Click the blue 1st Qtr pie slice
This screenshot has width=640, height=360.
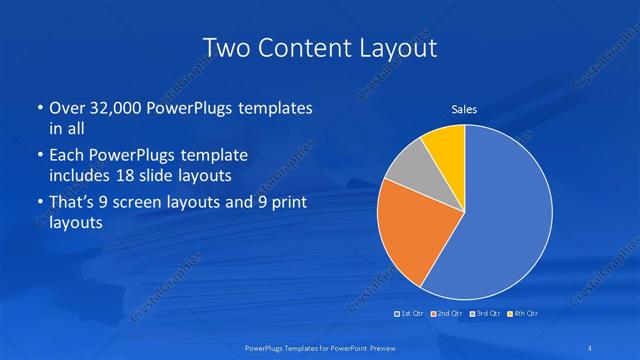(x=505, y=215)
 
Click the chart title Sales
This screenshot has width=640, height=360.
(x=464, y=111)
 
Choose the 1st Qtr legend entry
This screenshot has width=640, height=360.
(x=411, y=314)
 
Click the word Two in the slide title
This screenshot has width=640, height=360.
(x=226, y=48)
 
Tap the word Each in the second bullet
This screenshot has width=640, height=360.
(x=66, y=157)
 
